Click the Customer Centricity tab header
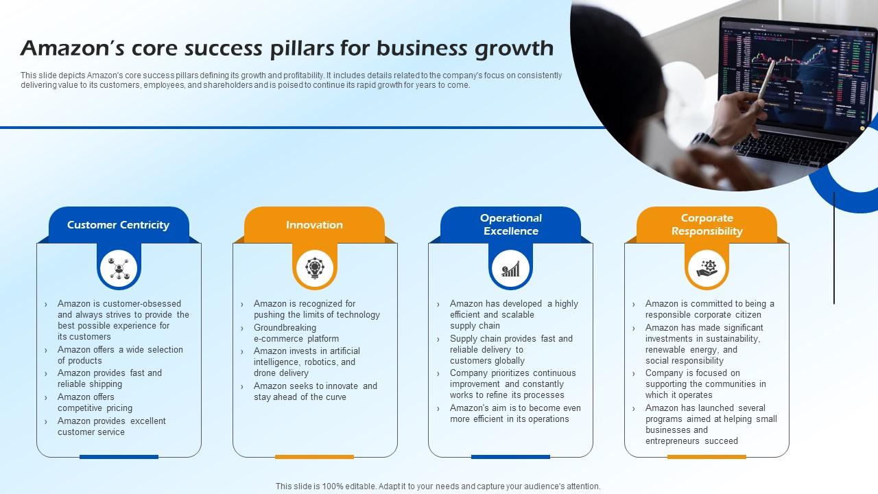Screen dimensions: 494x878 [118, 225]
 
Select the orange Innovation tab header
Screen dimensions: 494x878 [314, 225]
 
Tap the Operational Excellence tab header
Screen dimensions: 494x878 [510, 224]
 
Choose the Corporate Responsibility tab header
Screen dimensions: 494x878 [707, 224]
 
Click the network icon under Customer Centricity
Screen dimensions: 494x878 [119, 268]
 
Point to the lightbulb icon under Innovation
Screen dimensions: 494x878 [315, 268]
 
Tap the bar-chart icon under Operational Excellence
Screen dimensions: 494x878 [510, 268]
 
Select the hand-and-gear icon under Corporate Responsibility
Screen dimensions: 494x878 [707, 268]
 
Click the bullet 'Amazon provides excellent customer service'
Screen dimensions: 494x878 [111, 426]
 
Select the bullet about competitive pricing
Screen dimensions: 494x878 [95, 402]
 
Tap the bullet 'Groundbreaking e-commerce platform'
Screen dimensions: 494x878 [296, 333]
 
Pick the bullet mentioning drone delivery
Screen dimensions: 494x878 [306, 362]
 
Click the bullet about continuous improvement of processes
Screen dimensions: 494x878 [512, 384]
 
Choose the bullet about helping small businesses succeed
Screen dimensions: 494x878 [711, 424]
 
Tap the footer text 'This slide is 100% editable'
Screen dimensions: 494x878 [438, 486]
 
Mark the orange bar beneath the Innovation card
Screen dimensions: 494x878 [314, 456]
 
